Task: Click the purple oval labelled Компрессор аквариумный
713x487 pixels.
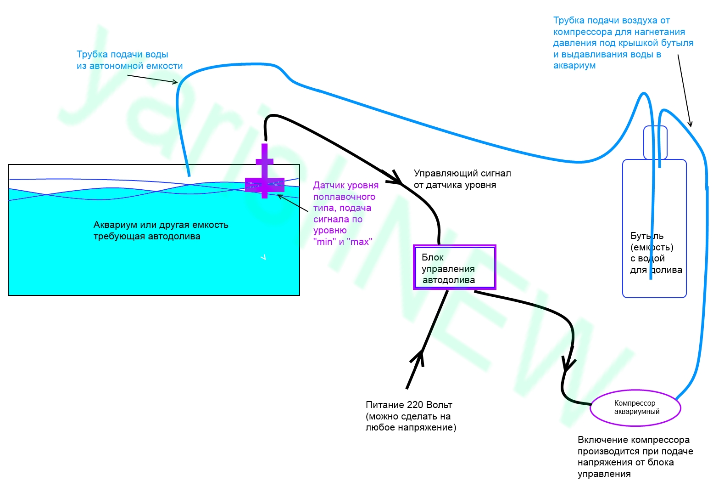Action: click(635, 408)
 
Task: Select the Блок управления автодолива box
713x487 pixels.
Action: click(454, 268)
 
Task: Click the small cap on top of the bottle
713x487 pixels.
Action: click(655, 142)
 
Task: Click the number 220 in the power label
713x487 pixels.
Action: click(416, 405)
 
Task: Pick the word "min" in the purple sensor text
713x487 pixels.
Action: click(324, 242)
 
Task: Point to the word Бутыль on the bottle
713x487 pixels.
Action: click(646, 236)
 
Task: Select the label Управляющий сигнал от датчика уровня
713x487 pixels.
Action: click(462, 179)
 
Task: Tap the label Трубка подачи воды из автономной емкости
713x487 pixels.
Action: click(129, 60)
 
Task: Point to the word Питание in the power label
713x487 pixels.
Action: click(384, 405)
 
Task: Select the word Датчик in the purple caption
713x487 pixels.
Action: click(328, 186)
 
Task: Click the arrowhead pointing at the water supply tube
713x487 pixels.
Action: click(175, 83)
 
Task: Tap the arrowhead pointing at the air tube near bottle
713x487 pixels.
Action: click(690, 124)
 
